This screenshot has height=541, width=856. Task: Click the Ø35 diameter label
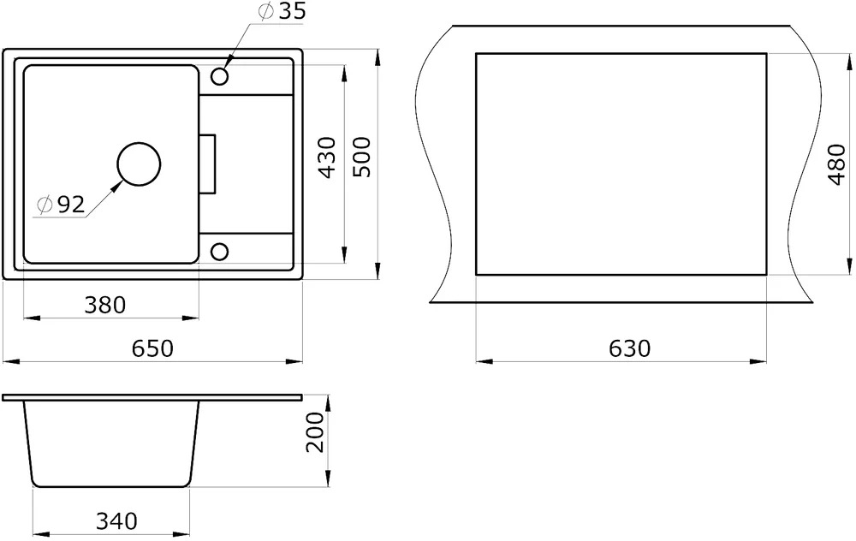pyautogui.click(x=281, y=11)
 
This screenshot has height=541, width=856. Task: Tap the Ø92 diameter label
pyautogui.click(x=61, y=205)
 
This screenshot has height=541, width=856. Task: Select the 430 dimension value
pyautogui.click(x=327, y=158)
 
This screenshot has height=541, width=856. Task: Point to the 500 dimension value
pyautogui.click(x=361, y=157)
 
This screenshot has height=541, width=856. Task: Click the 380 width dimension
pyautogui.click(x=104, y=305)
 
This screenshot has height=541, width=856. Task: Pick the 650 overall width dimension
pyautogui.click(x=152, y=348)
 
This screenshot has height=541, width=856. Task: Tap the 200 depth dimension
pyautogui.click(x=314, y=432)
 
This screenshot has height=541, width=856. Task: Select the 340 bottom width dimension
pyautogui.click(x=116, y=521)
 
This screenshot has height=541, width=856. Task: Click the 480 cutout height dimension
pyautogui.click(x=836, y=165)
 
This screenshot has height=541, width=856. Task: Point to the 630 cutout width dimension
pyautogui.click(x=629, y=348)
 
